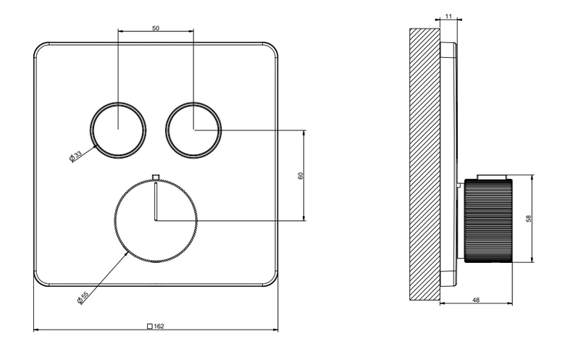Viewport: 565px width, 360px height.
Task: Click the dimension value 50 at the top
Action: point(156,28)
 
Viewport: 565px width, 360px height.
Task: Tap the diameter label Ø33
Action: point(75,156)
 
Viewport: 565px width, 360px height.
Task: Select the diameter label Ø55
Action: point(83,298)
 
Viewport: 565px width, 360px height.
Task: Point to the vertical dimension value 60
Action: point(301,175)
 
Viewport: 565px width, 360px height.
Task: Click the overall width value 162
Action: point(159,326)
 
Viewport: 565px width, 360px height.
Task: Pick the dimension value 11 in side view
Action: point(448,16)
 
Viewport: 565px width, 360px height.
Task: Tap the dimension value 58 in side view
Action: point(529,219)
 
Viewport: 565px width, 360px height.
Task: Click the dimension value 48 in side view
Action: point(476,300)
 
